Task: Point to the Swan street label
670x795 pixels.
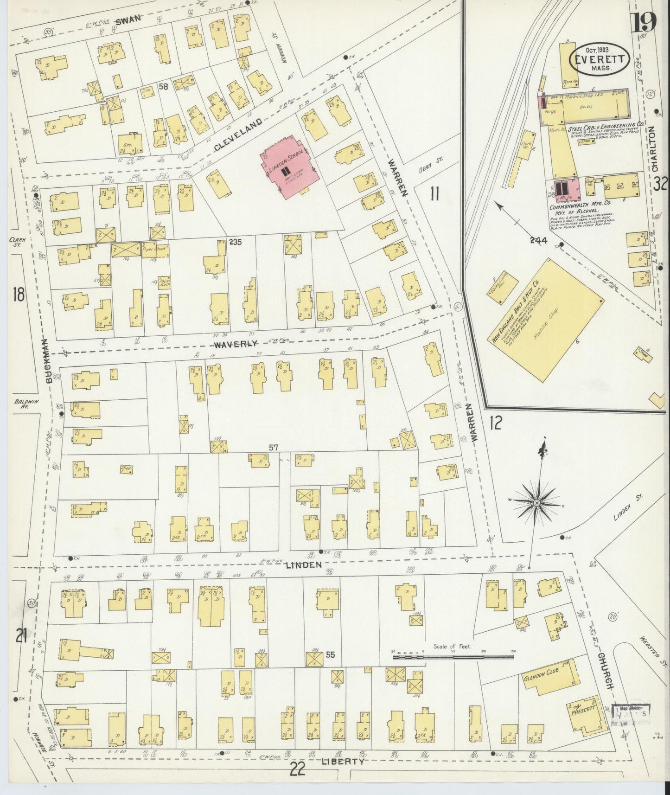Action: click(x=129, y=20)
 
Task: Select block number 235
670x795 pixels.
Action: click(x=235, y=242)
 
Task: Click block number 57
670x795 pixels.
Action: click(x=273, y=447)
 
